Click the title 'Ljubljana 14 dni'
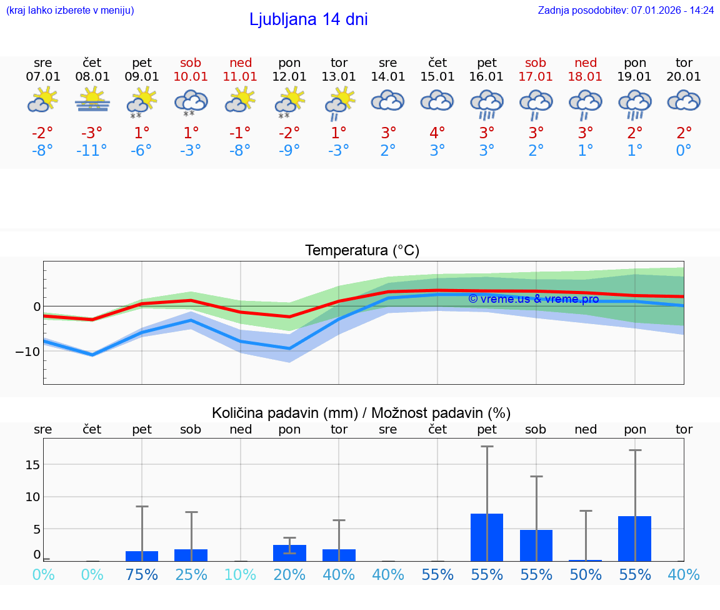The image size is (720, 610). coord(308,19)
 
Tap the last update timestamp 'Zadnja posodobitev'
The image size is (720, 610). coord(626,10)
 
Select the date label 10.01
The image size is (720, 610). coord(191,77)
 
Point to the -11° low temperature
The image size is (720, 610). coord(92,151)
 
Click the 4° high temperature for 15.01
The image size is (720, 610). coord(437,133)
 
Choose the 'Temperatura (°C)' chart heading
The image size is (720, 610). coord(362,251)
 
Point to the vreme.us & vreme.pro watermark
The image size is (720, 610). coord(533,299)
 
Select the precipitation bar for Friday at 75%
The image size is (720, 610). coord(142,556)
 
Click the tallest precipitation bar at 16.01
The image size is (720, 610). coord(487,537)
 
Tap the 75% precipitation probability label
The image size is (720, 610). coord(142,574)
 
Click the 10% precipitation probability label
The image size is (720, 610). coord(241,574)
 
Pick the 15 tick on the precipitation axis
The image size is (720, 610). coord(32,464)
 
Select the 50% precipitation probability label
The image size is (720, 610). coord(586,574)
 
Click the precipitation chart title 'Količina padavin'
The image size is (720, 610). coord(361,413)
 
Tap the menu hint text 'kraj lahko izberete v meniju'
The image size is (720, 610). coord(70,10)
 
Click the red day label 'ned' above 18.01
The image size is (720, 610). coord(586,63)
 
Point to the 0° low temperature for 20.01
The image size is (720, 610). coord(684,151)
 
